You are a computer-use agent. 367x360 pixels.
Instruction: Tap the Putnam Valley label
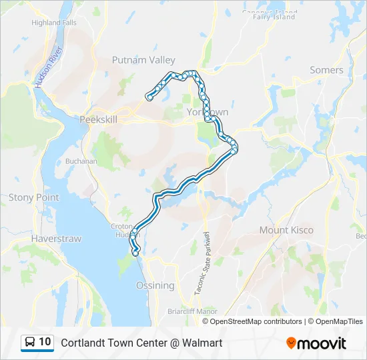(143, 60)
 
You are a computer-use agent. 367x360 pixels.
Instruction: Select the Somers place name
(326, 70)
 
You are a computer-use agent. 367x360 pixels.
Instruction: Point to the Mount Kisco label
(286, 230)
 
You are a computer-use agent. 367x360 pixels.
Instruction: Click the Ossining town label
(155, 285)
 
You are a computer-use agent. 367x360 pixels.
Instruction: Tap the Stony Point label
(33, 197)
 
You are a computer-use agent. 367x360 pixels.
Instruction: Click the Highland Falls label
(54, 22)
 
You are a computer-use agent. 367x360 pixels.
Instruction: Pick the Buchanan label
(81, 161)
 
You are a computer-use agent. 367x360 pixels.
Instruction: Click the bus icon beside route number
(31, 343)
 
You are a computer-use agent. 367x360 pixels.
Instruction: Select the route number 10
(45, 343)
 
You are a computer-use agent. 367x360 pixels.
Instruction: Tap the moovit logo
(316, 343)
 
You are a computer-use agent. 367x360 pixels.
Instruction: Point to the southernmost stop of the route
(136, 253)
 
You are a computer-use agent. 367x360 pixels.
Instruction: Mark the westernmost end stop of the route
(149, 97)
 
